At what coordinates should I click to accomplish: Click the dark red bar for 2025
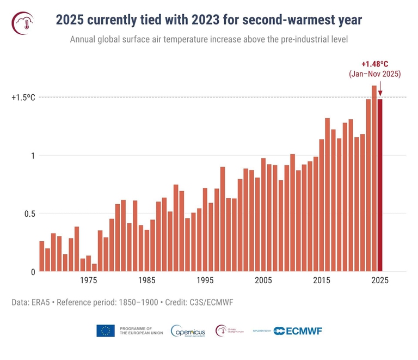tap(380, 185)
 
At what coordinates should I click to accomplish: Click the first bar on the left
tap(42, 256)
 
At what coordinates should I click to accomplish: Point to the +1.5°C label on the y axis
tap(23, 97)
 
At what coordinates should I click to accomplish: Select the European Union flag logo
tap(105, 331)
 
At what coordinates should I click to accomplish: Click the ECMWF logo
tap(294, 331)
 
